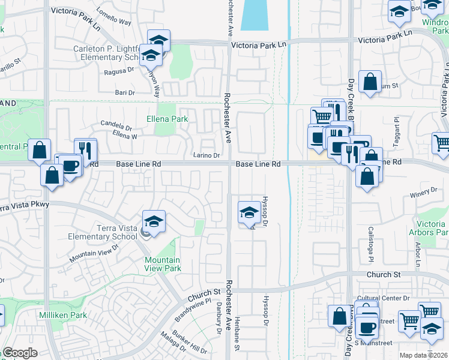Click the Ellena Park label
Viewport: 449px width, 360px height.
(x=167, y=119)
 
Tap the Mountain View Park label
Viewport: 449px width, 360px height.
(x=162, y=264)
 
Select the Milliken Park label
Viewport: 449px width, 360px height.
(x=63, y=315)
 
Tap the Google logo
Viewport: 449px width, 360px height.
(x=20, y=353)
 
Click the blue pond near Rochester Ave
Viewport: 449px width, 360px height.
(x=255, y=15)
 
